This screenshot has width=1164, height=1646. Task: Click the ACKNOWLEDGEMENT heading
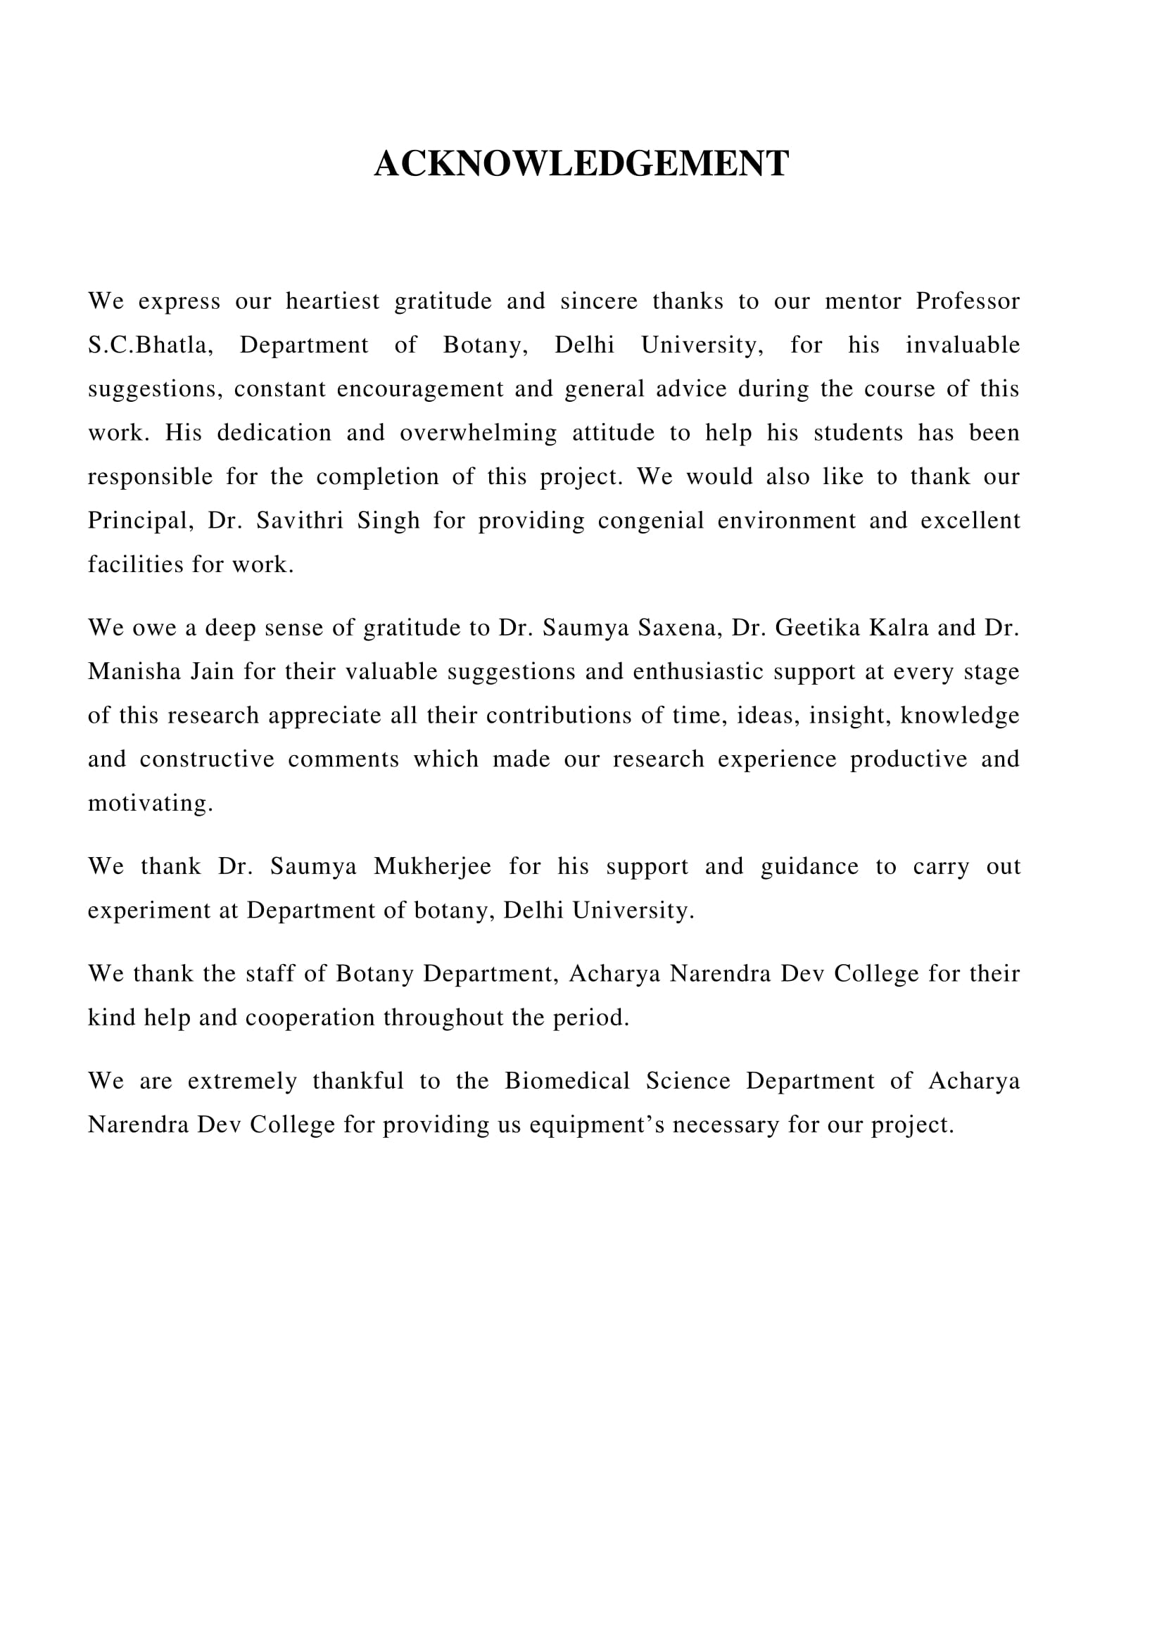pyautogui.click(x=581, y=163)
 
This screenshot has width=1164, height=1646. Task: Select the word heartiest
pyautogui.click(x=333, y=301)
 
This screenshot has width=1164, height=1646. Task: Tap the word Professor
pyautogui.click(x=968, y=301)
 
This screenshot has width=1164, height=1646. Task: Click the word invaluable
pyautogui.click(x=963, y=345)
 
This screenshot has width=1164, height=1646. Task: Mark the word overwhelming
pyautogui.click(x=478, y=433)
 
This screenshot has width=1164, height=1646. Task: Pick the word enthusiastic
pyautogui.click(x=708, y=672)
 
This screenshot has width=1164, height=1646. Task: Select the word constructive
pyautogui.click(x=207, y=759)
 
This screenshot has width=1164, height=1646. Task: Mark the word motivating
pyautogui.click(x=151, y=804)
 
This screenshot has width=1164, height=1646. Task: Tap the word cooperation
pyautogui.click(x=310, y=1018)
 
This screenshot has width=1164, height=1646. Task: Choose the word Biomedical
pyautogui.click(x=567, y=1081)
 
